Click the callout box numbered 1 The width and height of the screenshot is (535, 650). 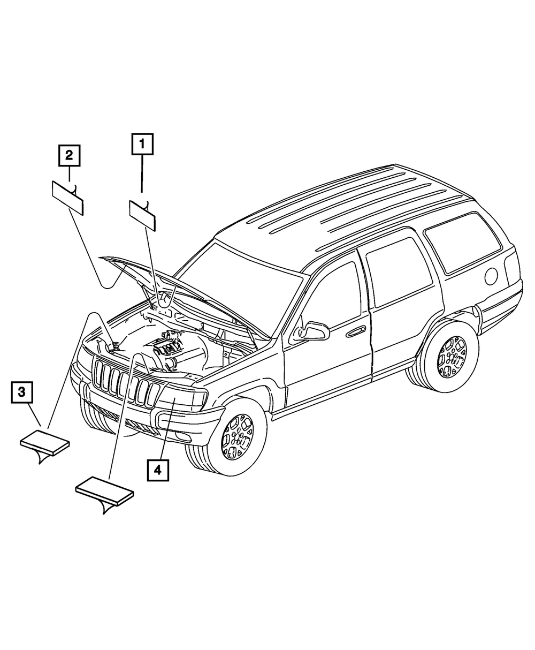point(142,143)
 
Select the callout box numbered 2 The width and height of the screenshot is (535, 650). point(70,156)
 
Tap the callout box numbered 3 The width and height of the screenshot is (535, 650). point(21,392)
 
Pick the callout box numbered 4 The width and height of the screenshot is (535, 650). point(157,470)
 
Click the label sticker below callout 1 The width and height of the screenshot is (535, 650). point(142,215)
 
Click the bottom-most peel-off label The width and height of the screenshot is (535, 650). point(105,489)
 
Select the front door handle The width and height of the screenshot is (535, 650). point(355,332)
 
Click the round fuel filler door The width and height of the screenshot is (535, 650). point(491,274)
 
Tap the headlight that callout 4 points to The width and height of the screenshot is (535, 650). point(185,399)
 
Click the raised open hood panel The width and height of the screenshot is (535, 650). point(177,289)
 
